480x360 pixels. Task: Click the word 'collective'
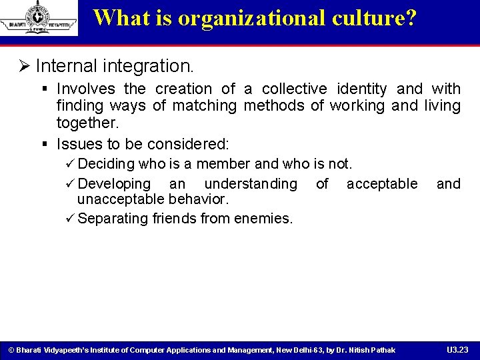(295, 89)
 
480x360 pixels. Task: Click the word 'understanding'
(251, 183)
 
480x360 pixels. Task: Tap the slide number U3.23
(457, 349)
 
